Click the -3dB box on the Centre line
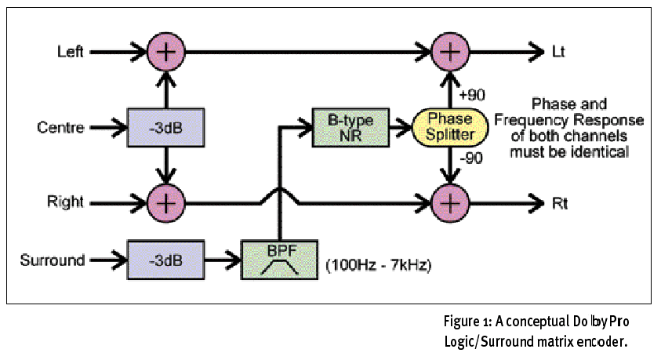[x=165, y=128]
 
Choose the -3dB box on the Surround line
[x=165, y=260]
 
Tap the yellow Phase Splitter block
[x=449, y=128]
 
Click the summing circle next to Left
[x=165, y=53]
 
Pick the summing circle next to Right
[x=165, y=202]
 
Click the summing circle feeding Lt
[x=449, y=53]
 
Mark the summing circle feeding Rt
[x=449, y=202]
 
